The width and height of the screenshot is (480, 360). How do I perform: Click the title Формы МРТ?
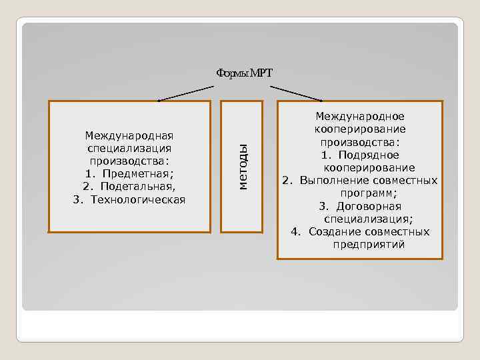pyautogui.click(x=244, y=73)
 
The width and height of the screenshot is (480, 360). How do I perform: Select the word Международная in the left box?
pyautogui.click(x=129, y=136)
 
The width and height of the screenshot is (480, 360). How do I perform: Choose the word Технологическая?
pyautogui.click(x=138, y=199)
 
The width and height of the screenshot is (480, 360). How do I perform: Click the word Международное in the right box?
pyautogui.click(x=359, y=117)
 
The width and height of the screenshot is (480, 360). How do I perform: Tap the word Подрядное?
pyautogui.click(x=369, y=155)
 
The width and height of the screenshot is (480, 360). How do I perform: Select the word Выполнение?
pyautogui.click(x=331, y=180)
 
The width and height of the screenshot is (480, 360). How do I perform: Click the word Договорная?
pyautogui.click(x=369, y=206)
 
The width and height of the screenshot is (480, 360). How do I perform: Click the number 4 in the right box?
pyautogui.click(x=295, y=231)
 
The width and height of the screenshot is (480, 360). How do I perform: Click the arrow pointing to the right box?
pyautogui.click(x=297, y=93)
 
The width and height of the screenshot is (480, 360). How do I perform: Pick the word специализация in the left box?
pyautogui.click(x=129, y=149)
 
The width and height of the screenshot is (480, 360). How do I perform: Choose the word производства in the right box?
pyautogui.click(x=358, y=142)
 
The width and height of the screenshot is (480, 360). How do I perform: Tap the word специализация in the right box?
pyautogui.click(x=367, y=219)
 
